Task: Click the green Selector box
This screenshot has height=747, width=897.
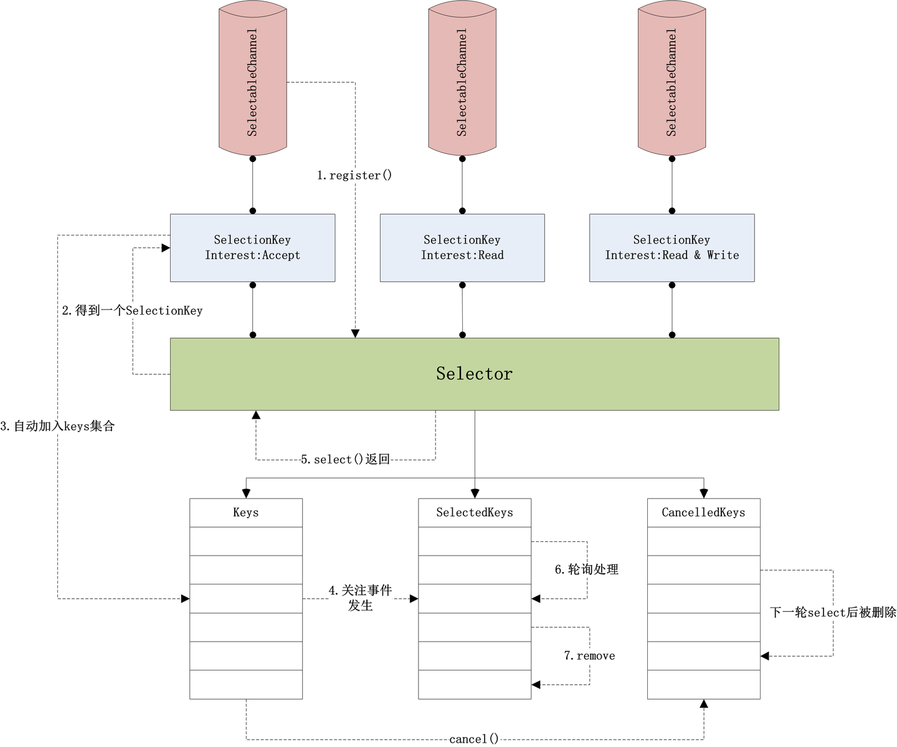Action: [x=474, y=374]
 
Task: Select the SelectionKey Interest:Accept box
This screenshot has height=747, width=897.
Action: [x=252, y=247]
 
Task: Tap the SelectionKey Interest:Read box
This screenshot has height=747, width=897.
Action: [x=462, y=247]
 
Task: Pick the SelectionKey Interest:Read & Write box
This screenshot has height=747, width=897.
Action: [x=672, y=247]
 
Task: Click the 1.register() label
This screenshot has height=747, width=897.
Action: [x=354, y=175]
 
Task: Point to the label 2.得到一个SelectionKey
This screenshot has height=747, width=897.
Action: [x=132, y=310]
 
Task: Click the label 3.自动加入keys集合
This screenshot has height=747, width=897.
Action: [x=58, y=426]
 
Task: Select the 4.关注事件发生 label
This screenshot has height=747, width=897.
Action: [x=360, y=597]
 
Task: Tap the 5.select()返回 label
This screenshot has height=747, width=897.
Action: [x=345, y=459]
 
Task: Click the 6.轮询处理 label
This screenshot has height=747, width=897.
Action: [x=586, y=569]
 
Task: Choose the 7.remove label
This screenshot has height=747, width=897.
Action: [x=589, y=655]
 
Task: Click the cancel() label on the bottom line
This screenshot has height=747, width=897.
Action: [x=473, y=739]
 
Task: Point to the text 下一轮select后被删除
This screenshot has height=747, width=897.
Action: [x=832, y=612]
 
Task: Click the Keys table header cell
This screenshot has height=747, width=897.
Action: [x=245, y=512]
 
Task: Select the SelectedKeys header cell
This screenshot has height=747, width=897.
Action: [x=474, y=512]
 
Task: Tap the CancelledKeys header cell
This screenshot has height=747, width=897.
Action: [x=703, y=512]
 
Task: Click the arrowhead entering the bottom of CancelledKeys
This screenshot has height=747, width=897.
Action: [x=704, y=704]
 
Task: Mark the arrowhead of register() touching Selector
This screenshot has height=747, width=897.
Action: [x=355, y=334]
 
